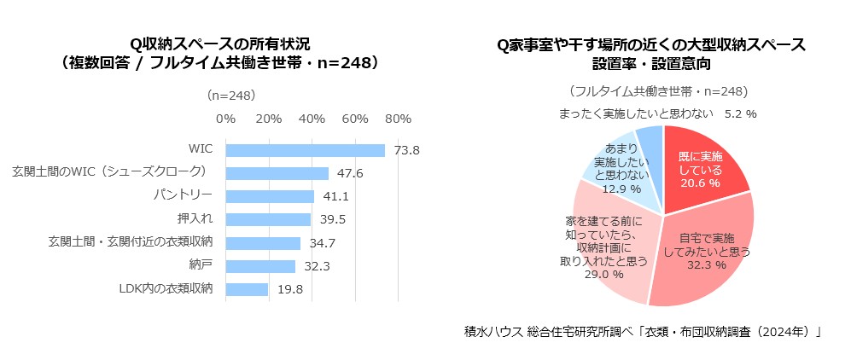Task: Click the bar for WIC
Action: click(305, 150)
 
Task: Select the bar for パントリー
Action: click(270, 196)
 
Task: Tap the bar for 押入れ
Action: click(268, 219)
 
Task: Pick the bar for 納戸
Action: click(260, 266)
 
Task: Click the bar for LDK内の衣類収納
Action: click(247, 289)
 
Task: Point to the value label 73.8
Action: click(407, 151)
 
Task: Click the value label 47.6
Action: click(350, 173)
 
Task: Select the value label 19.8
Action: click(290, 290)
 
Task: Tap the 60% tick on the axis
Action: click(355, 119)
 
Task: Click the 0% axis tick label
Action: click(226, 119)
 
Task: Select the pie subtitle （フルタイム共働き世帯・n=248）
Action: click(657, 91)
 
